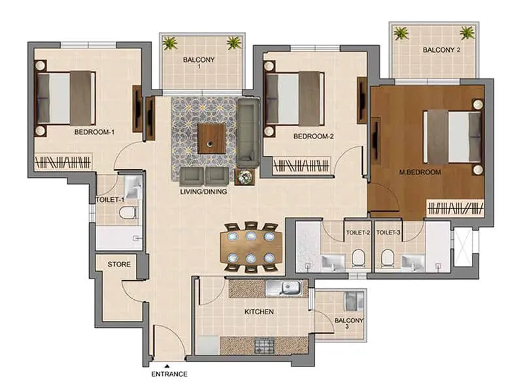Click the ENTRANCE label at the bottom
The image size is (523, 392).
tap(169, 374)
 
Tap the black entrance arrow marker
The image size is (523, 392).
tap(167, 365)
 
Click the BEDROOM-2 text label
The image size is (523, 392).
tap(313, 137)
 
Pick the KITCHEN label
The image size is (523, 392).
tap(259, 312)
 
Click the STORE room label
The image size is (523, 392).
tap(118, 265)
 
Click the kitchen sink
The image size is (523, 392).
tap(284, 288)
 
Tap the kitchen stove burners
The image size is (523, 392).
tap(264, 344)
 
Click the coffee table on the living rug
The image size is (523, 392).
tap(211, 138)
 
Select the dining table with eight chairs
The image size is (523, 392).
tap(250, 246)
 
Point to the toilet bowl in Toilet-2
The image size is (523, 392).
tap(358, 258)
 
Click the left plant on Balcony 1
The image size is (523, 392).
tap(170, 44)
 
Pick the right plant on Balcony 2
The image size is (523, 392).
tap(466, 32)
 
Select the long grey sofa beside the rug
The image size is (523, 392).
tap(248, 133)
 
